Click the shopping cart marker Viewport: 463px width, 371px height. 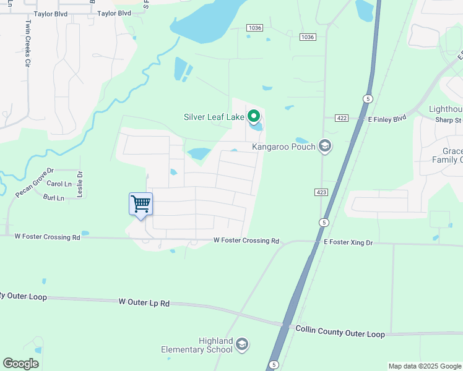pos(141,203)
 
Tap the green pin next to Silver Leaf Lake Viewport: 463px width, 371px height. pos(253,116)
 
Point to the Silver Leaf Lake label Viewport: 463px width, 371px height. pos(214,117)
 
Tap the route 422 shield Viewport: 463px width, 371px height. pos(342,118)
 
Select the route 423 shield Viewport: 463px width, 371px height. pos(321,193)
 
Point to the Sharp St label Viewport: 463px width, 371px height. pos(449,121)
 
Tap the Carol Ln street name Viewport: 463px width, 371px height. pos(59,184)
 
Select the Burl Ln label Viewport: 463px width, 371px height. pos(54,198)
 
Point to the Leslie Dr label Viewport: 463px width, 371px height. pos(80,184)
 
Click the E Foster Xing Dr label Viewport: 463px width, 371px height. pos(348,243)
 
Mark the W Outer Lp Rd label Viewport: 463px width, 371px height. pos(144,302)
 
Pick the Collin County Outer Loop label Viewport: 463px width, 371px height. pos(340,331)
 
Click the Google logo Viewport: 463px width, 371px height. pos(20,364)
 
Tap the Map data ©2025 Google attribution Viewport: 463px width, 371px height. pos(424,366)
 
